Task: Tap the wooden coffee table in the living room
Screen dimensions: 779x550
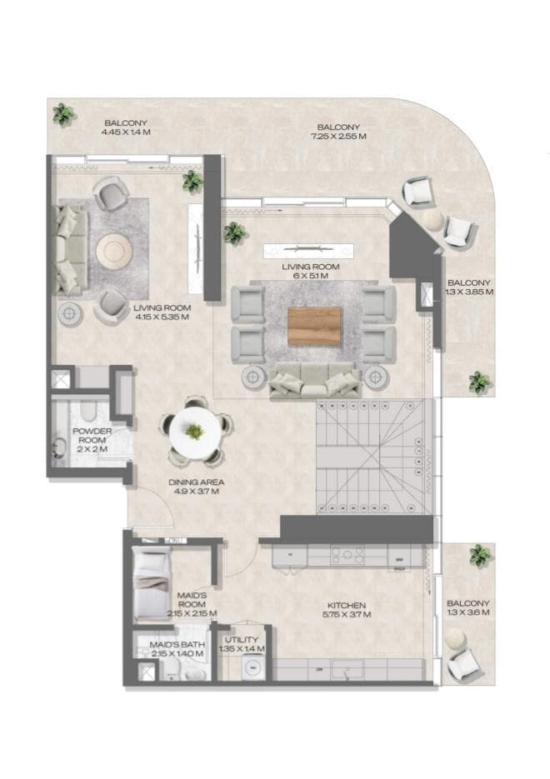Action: [314, 326]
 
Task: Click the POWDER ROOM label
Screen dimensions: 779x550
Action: [92, 436]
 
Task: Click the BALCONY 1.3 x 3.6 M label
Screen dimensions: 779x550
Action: [467, 607]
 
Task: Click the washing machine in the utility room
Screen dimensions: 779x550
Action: [250, 668]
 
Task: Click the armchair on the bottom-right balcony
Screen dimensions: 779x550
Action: [464, 664]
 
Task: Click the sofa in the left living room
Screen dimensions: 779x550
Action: [71, 248]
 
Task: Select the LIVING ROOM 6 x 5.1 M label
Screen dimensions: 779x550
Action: [310, 270]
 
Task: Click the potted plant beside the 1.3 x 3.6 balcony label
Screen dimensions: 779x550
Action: [480, 556]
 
